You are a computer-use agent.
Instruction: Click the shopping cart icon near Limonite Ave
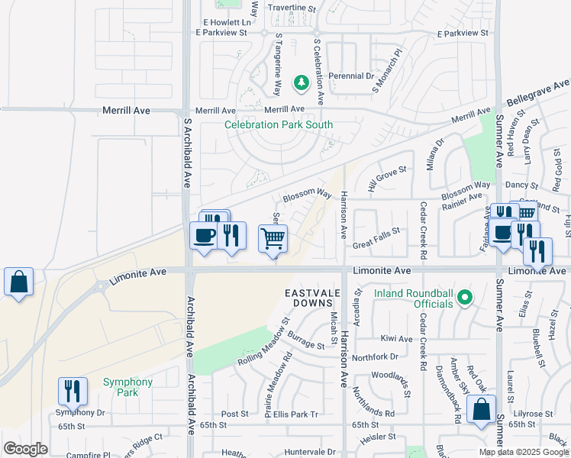pos(273,239)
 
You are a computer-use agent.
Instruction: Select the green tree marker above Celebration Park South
pos(302,81)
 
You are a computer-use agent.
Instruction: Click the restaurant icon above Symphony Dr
pos(73,391)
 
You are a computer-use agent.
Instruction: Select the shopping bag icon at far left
pos(18,282)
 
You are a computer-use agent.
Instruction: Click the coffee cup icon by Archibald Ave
pos(204,235)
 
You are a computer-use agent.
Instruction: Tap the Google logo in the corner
pos(25,449)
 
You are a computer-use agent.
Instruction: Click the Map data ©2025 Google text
pos(524,452)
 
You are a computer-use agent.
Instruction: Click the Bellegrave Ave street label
pos(539,92)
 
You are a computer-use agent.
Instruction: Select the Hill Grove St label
pos(387,181)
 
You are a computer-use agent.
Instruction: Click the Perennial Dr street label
pos(351,76)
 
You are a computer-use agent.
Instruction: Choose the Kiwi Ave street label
pos(396,338)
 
